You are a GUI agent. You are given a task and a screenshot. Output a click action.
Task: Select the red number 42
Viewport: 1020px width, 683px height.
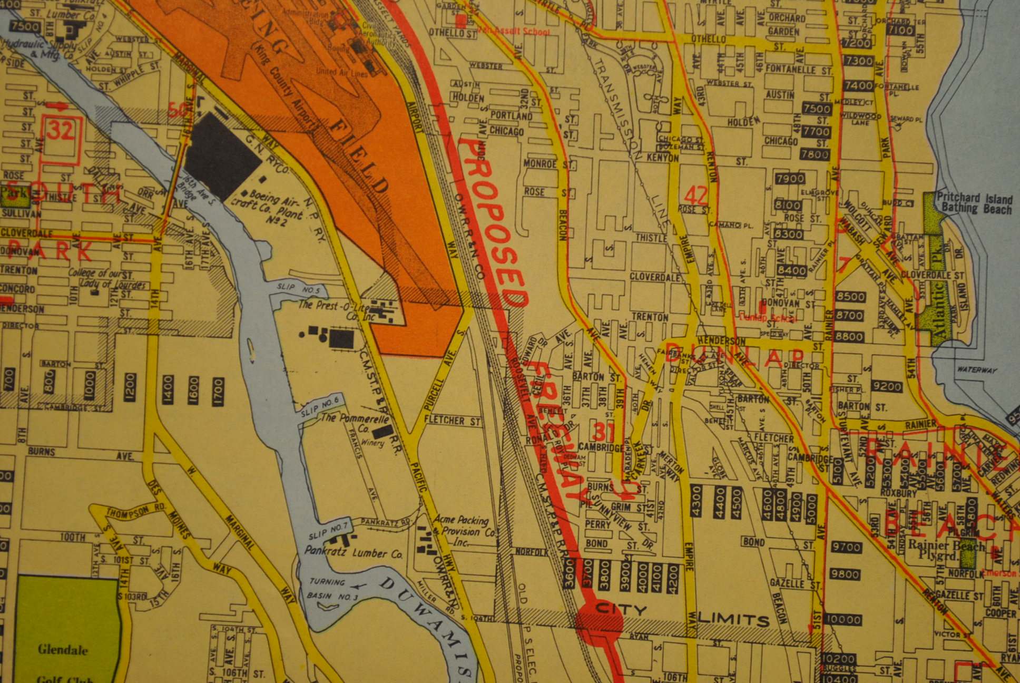pos(696,196)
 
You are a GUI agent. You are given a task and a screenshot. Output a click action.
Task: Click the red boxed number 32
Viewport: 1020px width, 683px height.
pos(61,130)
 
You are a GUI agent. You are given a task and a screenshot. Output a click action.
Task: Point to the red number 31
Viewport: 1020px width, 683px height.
pos(604,433)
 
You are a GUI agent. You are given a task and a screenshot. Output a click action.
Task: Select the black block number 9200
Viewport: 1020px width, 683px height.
pos(887,387)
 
